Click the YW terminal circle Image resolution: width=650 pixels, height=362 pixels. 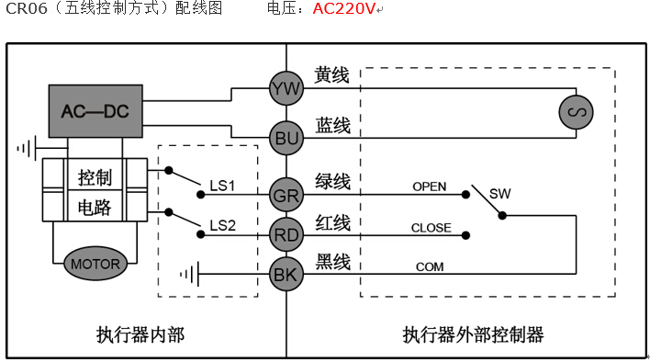pos(286,88)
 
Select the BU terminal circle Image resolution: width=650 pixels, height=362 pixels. pos(286,138)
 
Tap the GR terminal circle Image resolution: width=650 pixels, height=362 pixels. pos(286,195)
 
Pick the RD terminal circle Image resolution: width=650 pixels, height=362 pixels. pos(286,235)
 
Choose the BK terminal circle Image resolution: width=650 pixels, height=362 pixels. pos(286,273)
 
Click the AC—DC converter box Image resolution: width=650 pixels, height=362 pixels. pos(95,112)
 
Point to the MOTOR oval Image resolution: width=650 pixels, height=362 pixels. pos(95,264)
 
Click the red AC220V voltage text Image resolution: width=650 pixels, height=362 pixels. pos(343,10)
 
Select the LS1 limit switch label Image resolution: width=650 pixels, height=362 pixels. pos(222,187)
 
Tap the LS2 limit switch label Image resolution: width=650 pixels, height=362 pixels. pos(222,225)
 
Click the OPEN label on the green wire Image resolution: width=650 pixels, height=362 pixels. pos(429,187)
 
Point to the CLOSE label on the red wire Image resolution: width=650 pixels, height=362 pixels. pos(431,228)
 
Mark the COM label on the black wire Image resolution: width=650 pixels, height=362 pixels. pos(430,266)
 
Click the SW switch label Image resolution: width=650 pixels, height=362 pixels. pos(499,194)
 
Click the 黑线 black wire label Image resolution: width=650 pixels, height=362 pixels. pos(331,262)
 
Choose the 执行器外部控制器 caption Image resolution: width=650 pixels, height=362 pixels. pos(473,334)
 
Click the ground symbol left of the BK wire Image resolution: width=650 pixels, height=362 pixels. pos(189,273)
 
